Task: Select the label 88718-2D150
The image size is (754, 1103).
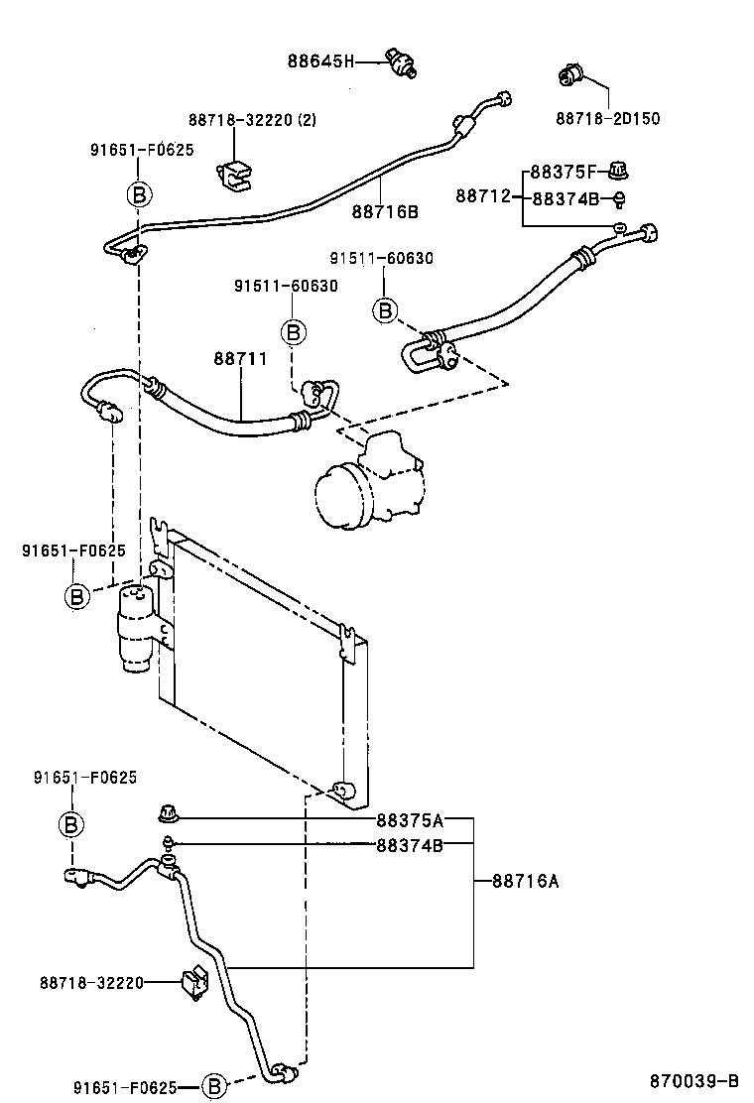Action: [x=607, y=118]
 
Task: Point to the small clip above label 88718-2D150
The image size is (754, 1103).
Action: [x=572, y=72]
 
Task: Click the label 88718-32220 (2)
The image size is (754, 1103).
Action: [x=251, y=120]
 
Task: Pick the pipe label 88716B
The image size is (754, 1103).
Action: [x=385, y=211]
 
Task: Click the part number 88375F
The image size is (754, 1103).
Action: [x=565, y=171]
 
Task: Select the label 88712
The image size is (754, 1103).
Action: [x=482, y=196]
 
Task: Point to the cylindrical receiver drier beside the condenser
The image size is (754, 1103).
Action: [x=135, y=630]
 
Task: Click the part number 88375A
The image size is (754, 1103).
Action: [x=409, y=820]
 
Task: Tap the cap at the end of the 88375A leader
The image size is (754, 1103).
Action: [x=167, y=816]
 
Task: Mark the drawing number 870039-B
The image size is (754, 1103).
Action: [x=694, y=1080]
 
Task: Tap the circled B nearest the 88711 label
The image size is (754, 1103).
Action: [x=293, y=331]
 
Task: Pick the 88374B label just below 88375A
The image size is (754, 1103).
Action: [x=409, y=845]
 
